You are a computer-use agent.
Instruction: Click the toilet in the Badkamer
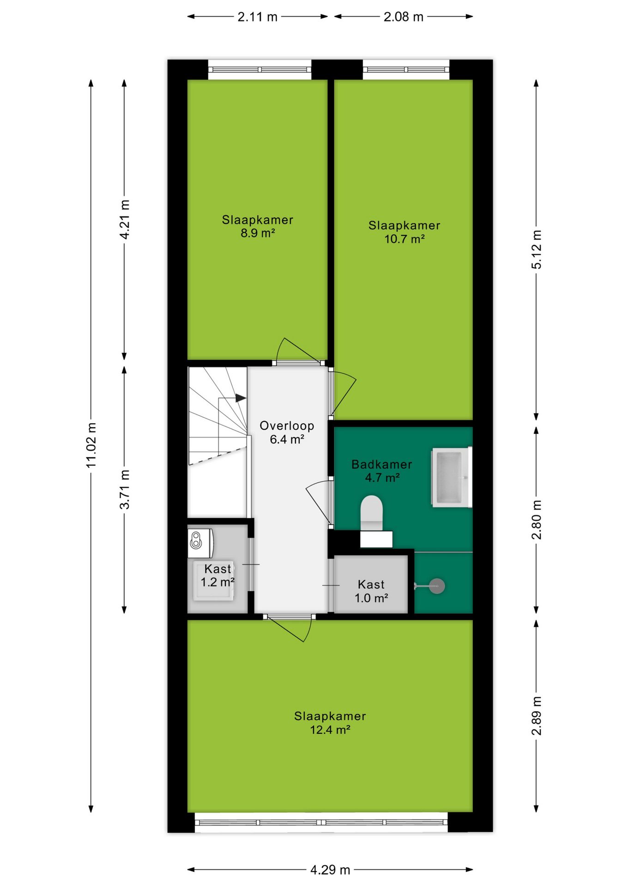point(372,513)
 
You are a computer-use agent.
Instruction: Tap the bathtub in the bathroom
point(451,477)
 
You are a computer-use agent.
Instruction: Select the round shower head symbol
point(437,586)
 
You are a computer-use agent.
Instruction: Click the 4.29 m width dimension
point(330,870)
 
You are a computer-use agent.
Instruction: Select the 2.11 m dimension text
point(257,17)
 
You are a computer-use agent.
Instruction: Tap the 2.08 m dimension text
point(403,17)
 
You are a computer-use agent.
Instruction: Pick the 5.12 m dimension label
point(537,249)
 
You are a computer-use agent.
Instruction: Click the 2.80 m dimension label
point(537,520)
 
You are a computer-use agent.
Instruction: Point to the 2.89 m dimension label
point(537,716)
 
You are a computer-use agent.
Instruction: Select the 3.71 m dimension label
point(125,489)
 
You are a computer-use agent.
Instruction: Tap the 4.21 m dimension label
point(125,219)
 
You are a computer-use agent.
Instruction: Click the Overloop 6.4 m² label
point(287,432)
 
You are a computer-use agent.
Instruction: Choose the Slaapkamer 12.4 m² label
point(330,723)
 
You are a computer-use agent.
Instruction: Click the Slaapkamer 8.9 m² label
point(258,226)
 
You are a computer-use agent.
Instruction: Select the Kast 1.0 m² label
point(371,591)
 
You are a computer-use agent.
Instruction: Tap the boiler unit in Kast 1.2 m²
point(200,543)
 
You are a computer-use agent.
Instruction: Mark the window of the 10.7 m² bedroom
point(406,70)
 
